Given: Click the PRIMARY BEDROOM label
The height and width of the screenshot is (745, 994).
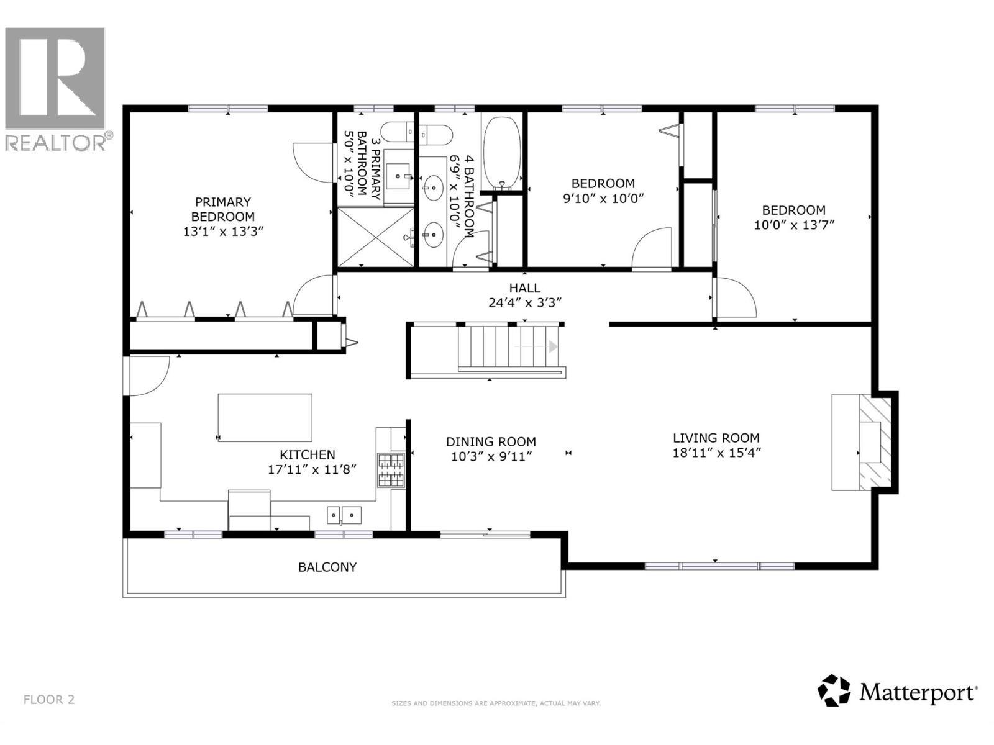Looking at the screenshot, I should (x=222, y=209).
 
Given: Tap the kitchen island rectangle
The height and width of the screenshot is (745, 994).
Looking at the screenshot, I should (x=265, y=417).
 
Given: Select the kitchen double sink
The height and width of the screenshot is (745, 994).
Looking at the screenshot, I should (x=344, y=515).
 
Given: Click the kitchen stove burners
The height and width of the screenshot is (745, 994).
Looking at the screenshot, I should (x=390, y=470).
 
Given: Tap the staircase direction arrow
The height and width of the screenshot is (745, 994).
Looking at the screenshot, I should (x=552, y=346).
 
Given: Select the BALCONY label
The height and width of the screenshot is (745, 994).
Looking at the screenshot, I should (x=327, y=567).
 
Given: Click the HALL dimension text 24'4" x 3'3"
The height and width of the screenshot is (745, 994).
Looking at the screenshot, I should (x=525, y=302).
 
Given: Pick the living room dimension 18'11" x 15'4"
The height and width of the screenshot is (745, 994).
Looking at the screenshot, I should (x=716, y=453).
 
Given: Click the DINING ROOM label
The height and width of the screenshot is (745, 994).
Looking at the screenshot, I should (x=491, y=441).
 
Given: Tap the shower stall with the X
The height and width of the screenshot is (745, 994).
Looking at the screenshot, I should (x=375, y=237).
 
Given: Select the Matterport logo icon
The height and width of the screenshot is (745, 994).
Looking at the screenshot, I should (x=833, y=690).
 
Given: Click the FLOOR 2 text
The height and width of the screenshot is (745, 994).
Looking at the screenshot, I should (x=49, y=700).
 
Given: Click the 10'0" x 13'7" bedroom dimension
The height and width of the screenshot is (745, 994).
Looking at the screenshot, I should (x=794, y=225).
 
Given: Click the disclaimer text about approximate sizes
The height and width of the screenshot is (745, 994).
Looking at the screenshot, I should (x=496, y=703).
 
